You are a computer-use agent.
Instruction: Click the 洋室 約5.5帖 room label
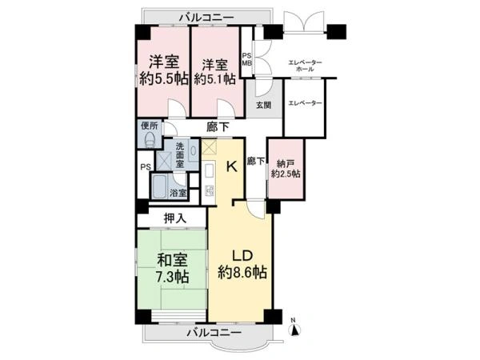pyautogui.click(x=164, y=70)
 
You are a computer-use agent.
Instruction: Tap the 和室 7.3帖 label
pyautogui.click(x=172, y=269)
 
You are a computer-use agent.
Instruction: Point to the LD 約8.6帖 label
pyautogui.click(x=242, y=264)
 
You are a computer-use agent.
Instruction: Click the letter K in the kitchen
pyautogui.click(x=231, y=167)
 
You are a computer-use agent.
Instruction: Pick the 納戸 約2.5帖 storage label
pyautogui.click(x=286, y=169)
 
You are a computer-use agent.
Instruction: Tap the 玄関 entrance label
pyautogui.click(x=263, y=106)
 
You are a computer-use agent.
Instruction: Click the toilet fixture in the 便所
pyautogui.click(x=150, y=139)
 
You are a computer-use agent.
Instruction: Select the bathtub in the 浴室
pyautogui.click(x=159, y=187)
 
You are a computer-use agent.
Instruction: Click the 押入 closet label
pyautogui.click(x=175, y=218)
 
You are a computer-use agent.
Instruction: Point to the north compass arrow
pyautogui.click(x=294, y=330)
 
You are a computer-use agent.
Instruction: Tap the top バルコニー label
pyautogui.click(x=206, y=17)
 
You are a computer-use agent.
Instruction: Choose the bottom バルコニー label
pyautogui.click(x=214, y=332)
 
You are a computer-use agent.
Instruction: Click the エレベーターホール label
pyautogui.click(x=306, y=66)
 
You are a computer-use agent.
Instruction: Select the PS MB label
pyautogui.click(x=247, y=60)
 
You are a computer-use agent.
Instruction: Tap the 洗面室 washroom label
pyautogui.click(x=180, y=154)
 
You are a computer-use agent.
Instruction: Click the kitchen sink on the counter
pyautogui.click(x=210, y=172)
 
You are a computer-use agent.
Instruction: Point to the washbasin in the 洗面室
pyautogui.click(x=194, y=150)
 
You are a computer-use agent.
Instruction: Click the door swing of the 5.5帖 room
pyautogui.click(x=177, y=108)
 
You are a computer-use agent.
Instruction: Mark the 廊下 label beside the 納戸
pyautogui.click(x=256, y=162)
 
